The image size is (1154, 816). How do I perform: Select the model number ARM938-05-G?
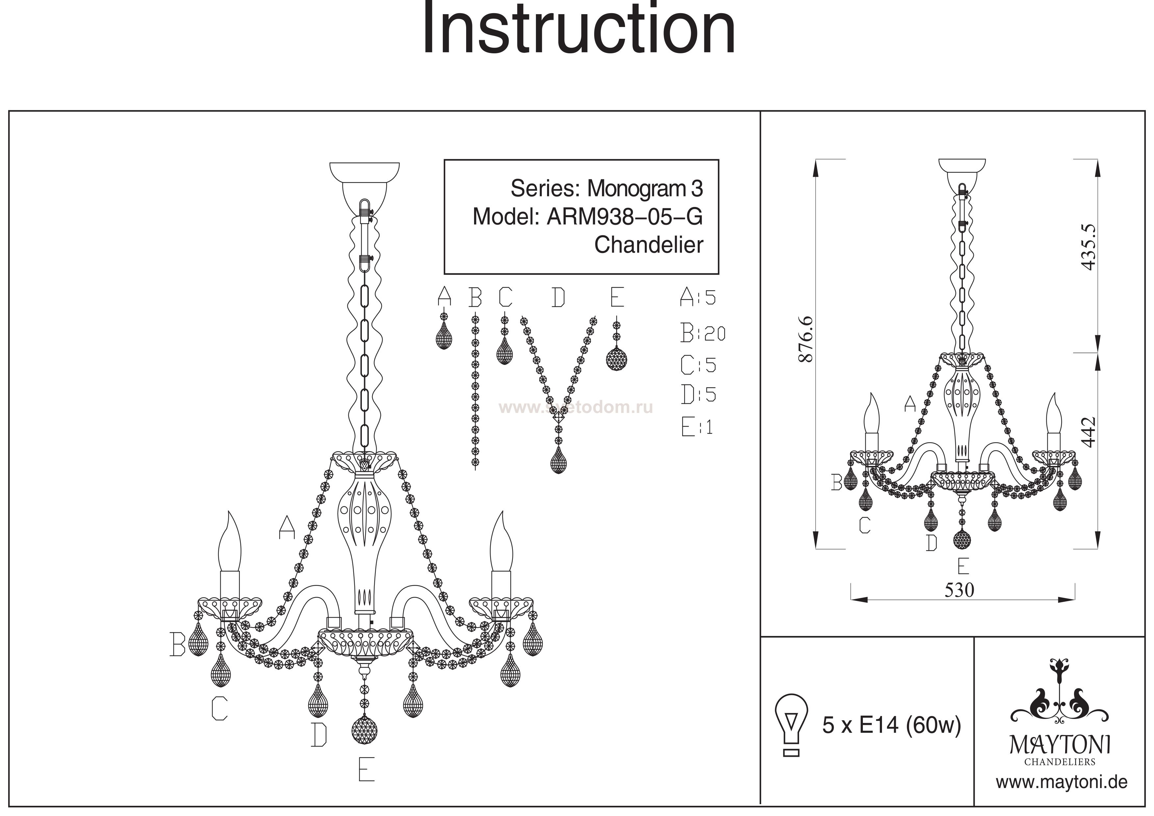(x=624, y=217)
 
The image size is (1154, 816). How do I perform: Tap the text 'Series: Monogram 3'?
(x=606, y=189)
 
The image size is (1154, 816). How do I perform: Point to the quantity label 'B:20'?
(x=703, y=333)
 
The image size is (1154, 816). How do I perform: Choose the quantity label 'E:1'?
(x=697, y=427)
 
